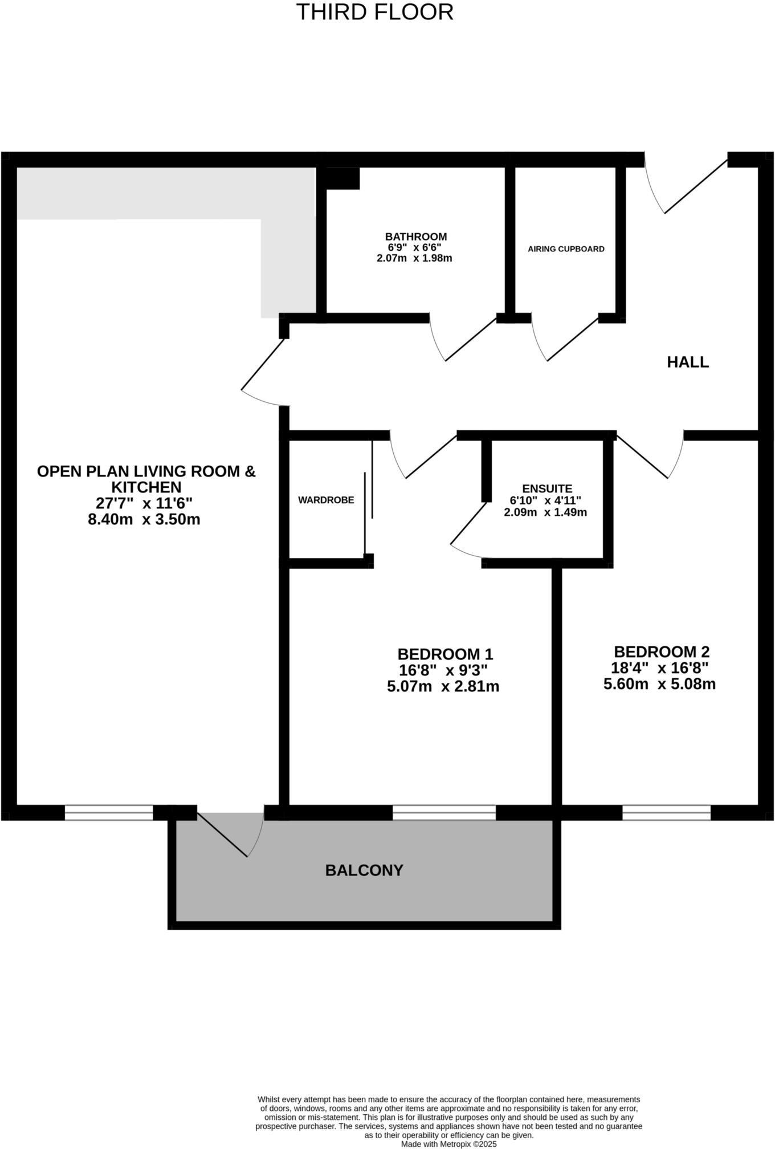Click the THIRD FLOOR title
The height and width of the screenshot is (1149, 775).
tap(374, 12)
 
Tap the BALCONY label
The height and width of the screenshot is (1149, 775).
tap(364, 870)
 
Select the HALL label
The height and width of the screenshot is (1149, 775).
tap(688, 362)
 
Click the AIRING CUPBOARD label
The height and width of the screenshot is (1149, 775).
tap(566, 249)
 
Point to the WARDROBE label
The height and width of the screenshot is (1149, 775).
tap(326, 500)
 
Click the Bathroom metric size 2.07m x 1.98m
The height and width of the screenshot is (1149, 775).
tap(414, 258)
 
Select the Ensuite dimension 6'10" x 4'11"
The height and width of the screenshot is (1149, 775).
tap(545, 500)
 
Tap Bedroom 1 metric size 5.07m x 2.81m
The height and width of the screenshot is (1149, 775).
tap(443, 686)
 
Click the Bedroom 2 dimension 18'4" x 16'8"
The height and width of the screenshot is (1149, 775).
tap(659, 668)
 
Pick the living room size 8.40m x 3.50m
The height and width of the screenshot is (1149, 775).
tap(144, 520)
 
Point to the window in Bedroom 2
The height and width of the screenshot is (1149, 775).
tap(666, 812)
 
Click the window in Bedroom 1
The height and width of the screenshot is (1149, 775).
tap(444, 812)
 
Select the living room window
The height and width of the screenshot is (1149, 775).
tap(109, 812)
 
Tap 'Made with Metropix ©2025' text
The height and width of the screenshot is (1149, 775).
tap(448, 1143)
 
